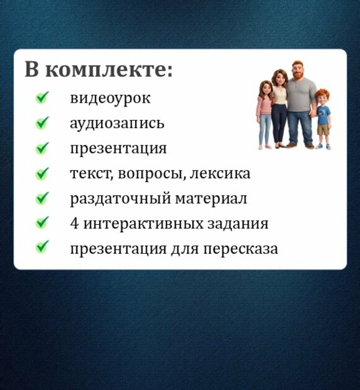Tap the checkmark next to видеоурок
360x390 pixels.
(x=42, y=97)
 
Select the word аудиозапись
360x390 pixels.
(x=117, y=123)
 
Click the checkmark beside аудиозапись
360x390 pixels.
(x=42, y=123)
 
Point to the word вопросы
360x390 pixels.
(x=152, y=174)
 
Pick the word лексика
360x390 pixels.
(x=220, y=173)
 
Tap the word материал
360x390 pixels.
(x=211, y=199)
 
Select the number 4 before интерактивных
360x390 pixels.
(x=74, y=223)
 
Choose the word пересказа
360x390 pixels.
(x=241, y=249)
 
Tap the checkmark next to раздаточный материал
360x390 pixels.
(x=42, y=198)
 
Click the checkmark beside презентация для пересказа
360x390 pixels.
(x=42, y=247)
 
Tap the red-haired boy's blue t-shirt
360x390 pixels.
(x=323, y=115)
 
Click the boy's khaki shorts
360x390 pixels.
(x=323, y=130)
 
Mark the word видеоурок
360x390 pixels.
(x=110, y=98)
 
